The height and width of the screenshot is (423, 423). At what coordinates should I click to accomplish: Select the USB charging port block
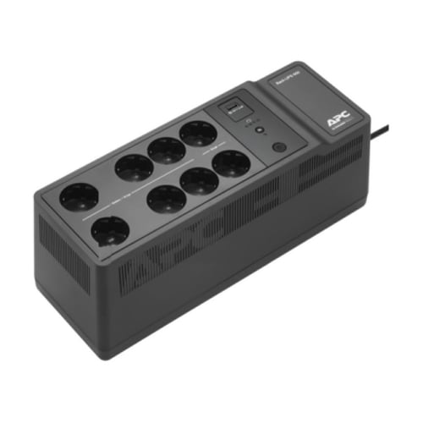(x=231, y=105)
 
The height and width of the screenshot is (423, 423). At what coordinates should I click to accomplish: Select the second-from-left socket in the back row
(x=133, y=168)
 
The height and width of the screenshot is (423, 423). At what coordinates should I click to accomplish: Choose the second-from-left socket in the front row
(x=162, y=200)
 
